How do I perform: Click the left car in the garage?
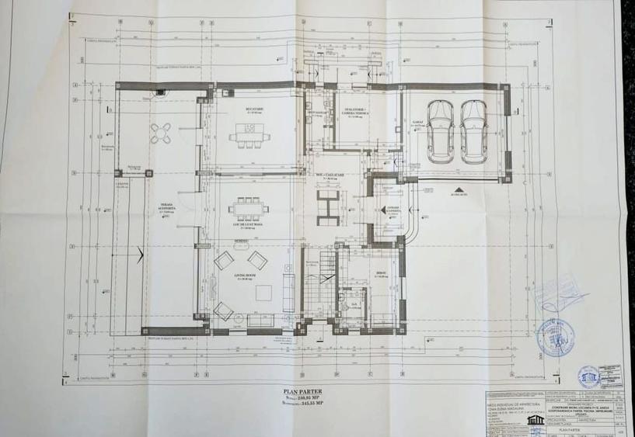441,131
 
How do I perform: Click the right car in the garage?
473,131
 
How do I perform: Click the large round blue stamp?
556,336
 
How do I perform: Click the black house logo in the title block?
534,419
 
